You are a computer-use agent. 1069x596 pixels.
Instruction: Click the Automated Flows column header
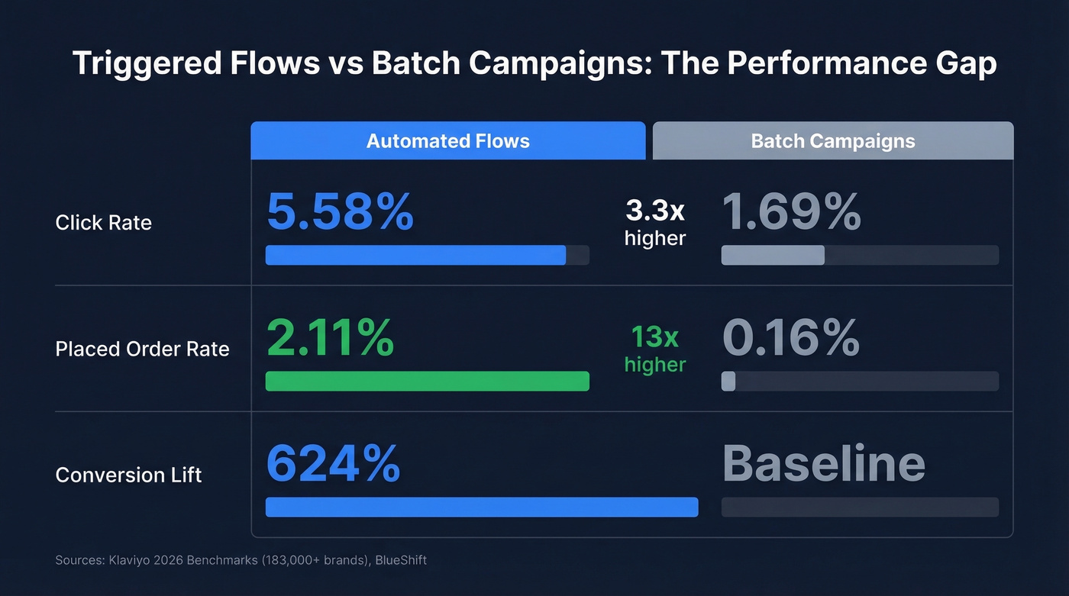(x=447, y=141)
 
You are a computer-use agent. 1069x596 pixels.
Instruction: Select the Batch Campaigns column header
(x=832, y=141)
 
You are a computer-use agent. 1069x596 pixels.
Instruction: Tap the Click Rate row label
(x=104, y=223)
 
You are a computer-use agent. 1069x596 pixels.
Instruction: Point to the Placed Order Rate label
(x=142, y=349)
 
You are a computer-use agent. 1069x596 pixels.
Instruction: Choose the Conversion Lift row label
(x=128, y=475)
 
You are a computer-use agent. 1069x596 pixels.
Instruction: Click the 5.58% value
(x=340, y=211)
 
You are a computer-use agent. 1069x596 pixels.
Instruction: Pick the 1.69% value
(x=791, y=211)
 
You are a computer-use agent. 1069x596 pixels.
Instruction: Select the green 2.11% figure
(x=330, y=337)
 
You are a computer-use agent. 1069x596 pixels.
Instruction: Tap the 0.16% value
(x=790, y=337)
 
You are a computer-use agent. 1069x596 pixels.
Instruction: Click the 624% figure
(x=333, y=463)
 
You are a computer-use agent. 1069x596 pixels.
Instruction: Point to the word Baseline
(x=823, y=463)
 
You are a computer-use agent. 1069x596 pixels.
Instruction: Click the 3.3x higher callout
(x=655, y=223)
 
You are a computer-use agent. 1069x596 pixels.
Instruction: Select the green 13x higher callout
(x=655, y=350)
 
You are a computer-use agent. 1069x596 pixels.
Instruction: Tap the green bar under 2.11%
(x=427, y=381)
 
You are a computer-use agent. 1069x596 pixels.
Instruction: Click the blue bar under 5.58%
(x=415, y=255)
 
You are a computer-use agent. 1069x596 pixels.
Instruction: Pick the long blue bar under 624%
(x=481, y=507)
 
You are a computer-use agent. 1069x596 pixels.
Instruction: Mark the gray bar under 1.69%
(x=773, y=255)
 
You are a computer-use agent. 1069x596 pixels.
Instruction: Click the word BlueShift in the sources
(x=401, y=560)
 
